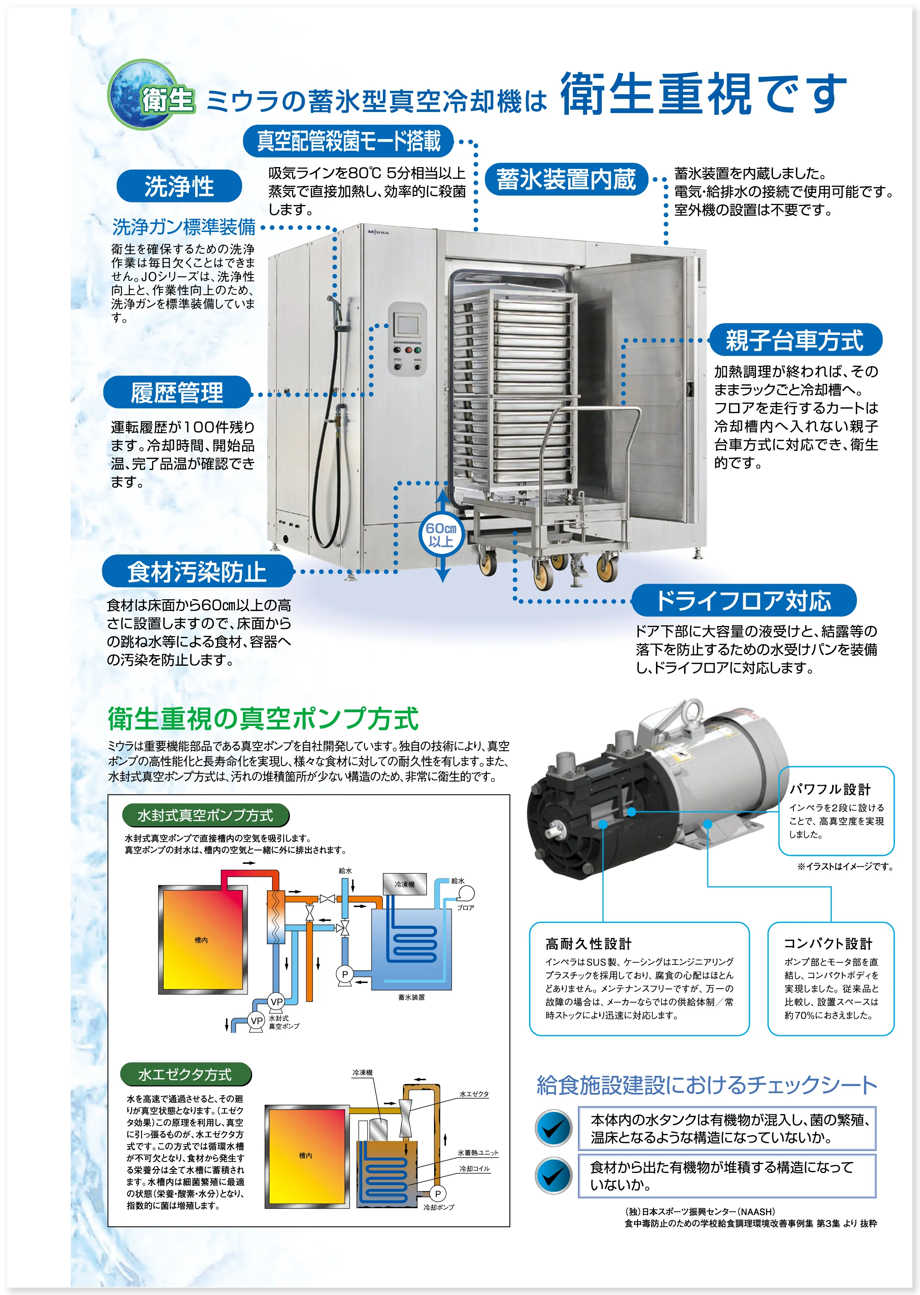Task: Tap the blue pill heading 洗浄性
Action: click(179, 186)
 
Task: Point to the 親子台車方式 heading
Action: click(795, 340)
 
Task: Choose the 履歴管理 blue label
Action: click(177, 392)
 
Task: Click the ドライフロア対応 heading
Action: click(743, 600)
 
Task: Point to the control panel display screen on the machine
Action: click(407, 325)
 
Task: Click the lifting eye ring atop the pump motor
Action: click(692, 711)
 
